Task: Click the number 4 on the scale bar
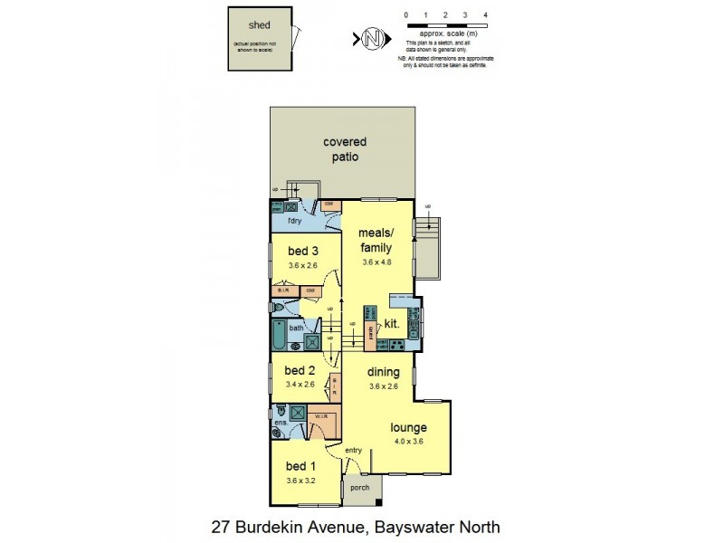pyautogui.click(x=486, y=16)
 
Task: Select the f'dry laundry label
pyautogui.click(x=294, y=221)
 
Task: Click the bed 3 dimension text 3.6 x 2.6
pyautogui.click(x=303, y=265)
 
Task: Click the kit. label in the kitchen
pyautogui.click(x=393, y=322)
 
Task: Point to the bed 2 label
pyautogui.click(x=299, y=370)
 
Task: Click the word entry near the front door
pyautogui.click(x=353, y=450)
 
